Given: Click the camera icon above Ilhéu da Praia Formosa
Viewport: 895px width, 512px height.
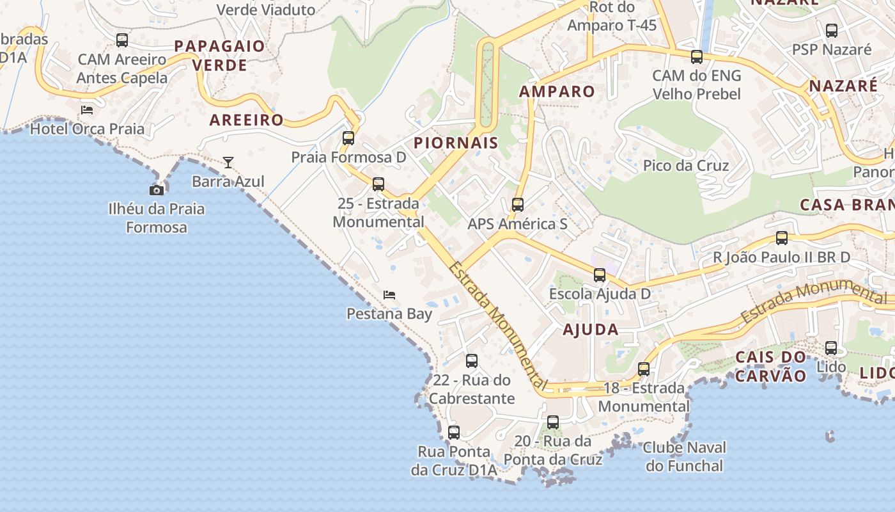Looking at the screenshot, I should click(157, 190).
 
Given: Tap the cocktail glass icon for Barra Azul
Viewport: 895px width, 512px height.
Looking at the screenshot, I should click(228, 163).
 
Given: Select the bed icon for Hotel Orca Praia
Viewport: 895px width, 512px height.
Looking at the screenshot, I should click(87, 110).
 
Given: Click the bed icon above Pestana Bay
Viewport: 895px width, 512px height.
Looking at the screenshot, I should click(389, 295).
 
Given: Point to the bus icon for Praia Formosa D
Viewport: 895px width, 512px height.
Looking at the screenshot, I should click(348, 138).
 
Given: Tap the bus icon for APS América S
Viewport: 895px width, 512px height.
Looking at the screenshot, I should click(518, 205).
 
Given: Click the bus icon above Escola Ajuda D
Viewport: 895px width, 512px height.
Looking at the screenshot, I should click(600, 275).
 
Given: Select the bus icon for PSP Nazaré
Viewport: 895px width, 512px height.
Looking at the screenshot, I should click(832, 31).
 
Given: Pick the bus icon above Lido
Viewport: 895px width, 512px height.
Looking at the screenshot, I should click(831, 348).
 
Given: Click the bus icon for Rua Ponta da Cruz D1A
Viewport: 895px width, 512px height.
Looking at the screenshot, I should click(454, 433).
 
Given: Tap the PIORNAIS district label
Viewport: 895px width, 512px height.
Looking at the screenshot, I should click(456, 143).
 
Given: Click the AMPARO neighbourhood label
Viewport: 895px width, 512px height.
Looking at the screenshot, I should click(557, 92).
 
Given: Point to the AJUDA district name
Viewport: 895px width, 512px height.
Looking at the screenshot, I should click(591, 330).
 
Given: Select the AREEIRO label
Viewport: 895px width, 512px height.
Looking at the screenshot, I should click(246, 120).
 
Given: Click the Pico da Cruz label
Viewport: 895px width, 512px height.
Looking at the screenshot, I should click(686, 166).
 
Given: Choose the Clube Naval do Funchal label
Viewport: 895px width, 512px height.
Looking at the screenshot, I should click(685, 456).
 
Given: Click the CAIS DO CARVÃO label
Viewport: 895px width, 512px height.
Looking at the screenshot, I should click(771, 367).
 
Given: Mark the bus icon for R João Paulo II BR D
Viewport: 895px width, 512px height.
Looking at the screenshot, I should click(782, 238).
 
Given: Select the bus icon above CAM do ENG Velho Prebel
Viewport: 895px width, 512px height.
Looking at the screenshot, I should click(697, 57).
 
